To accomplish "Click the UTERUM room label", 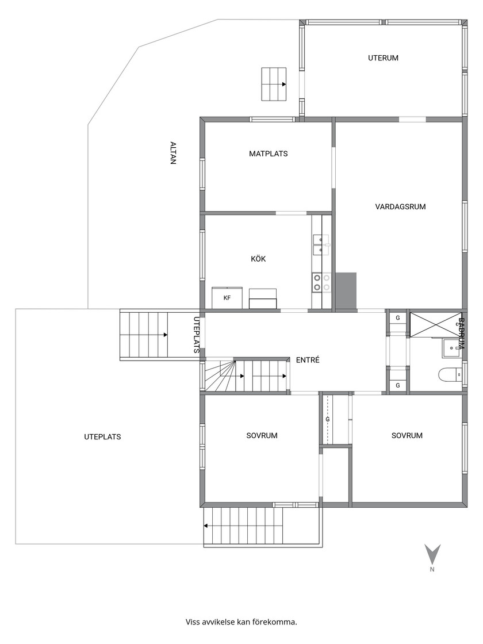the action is [383, 58].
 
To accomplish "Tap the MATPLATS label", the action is [268, 154].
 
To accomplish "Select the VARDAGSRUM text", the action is [400, 206].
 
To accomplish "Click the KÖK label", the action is [258, 259].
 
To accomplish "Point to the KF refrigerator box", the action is [227, 298].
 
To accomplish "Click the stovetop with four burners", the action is [321, 283].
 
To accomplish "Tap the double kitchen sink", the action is [321, 245].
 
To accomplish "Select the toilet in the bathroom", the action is [450, 374].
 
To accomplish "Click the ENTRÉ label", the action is [308, 360].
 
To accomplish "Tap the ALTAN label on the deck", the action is [173, 153].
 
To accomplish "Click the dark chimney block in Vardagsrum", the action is [346, 290].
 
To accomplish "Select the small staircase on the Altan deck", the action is [274, 84].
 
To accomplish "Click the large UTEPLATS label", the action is [103, 437].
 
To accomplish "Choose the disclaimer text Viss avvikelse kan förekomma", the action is [241, 622].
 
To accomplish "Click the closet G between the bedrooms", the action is [327, 419].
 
